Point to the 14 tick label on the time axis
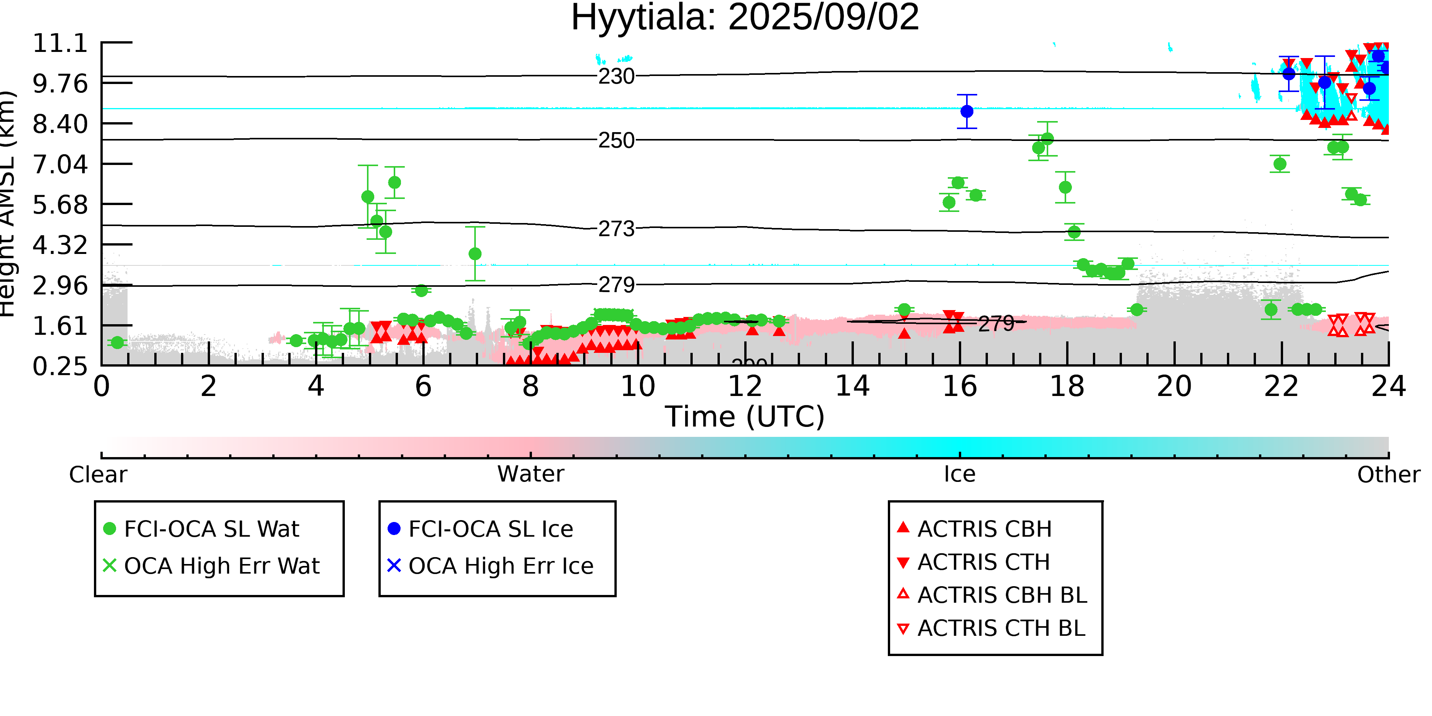(x=852, y=387)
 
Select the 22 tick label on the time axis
(x=1281, y=387)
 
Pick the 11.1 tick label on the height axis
(x=60, y=44)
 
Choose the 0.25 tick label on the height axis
(x=60, y=366)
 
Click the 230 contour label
(x=616, y=76)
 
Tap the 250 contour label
(x=616, y=140)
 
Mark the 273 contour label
(x=616, y=228)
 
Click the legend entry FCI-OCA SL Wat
(x=211, y=529)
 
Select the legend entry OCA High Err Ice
(x=500, y=566)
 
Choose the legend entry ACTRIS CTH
(x=983, y=562)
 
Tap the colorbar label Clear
(x=98, y=474)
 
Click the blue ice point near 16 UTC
(x=967, y=111)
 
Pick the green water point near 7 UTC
(x=475, y=254)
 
